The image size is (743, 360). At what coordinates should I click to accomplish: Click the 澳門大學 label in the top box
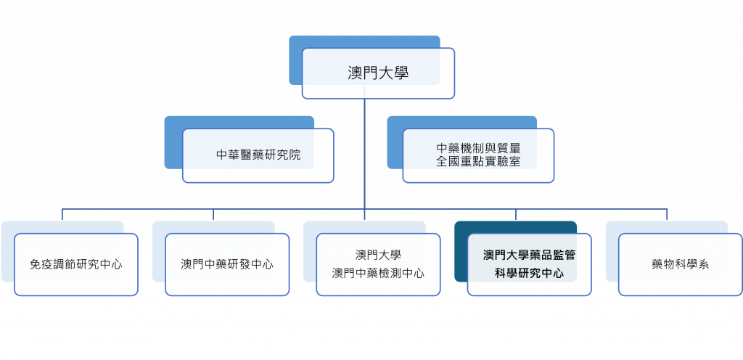coord(378,73)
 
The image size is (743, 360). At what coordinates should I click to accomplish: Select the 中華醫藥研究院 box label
coord(258,155)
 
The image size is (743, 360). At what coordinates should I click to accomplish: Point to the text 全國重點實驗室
coord(478,162)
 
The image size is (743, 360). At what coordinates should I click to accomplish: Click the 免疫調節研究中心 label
coord(76,264)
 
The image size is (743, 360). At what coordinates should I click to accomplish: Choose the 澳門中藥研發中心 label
coord(227,264)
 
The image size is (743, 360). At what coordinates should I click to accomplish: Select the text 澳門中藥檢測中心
coord(378,273)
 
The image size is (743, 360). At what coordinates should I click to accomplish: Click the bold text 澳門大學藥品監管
coord(529,255)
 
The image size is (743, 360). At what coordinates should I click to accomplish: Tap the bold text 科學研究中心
coord(529,274)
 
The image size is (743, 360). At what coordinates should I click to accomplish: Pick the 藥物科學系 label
coord(680,264)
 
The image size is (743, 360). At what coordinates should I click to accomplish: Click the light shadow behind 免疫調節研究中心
coord(7,254)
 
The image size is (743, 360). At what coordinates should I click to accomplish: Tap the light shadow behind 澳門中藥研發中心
coord(158,254)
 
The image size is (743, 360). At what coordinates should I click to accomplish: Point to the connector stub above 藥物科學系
coord(668,214)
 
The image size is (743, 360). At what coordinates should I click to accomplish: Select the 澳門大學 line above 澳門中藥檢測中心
coord(378,255)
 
